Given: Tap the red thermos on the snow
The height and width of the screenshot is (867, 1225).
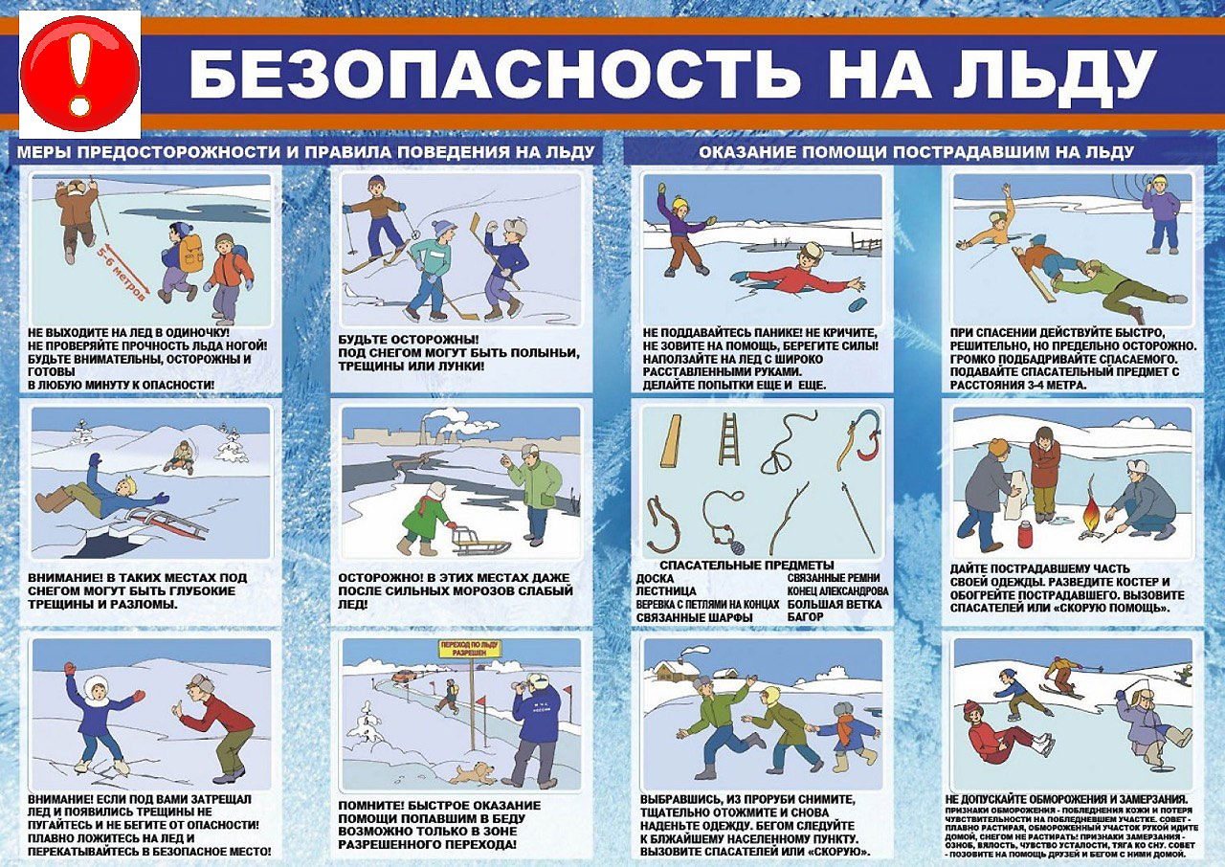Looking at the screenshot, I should pyautogui.click(x=1027, y=531).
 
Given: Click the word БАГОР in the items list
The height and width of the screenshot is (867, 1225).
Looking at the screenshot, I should pyautogui.click(x=808, y=617).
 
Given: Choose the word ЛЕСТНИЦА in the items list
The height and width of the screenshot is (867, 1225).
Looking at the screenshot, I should pyautogui.click(x=666, y=591).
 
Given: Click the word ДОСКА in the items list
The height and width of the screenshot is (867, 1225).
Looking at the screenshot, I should pyautogui.click(x=655, y=579).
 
